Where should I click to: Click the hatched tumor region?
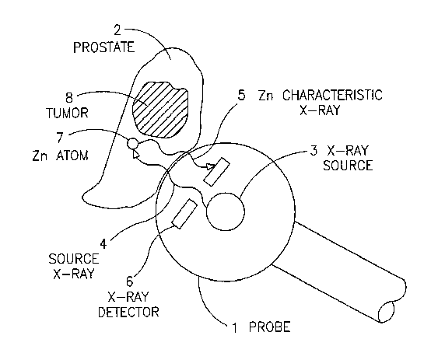click(160, 110)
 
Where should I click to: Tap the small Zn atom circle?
click(132, 144)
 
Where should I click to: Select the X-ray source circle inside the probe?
click(226, 211)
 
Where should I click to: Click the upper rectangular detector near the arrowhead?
click(216, 172)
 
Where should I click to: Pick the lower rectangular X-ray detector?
click(184, 214)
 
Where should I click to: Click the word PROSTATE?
click(104, 47)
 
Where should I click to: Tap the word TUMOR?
click(67, 113)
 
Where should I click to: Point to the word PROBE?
click(269, 327)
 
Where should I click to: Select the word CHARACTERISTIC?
click(332, 95)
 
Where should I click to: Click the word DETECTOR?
click(129, 312)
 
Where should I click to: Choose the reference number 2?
click(117, 30)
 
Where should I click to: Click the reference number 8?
click(69, 98)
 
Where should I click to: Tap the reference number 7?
click(61, 138)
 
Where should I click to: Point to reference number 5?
click(241, 95)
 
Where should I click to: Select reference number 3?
click(314, 151)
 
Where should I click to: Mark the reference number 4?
click(103, 244)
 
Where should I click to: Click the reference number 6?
click(130, 281)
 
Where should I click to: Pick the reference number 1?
click(235, 328)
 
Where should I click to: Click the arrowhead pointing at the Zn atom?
click(135, 154)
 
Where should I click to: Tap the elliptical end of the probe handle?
click(387, 312)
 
